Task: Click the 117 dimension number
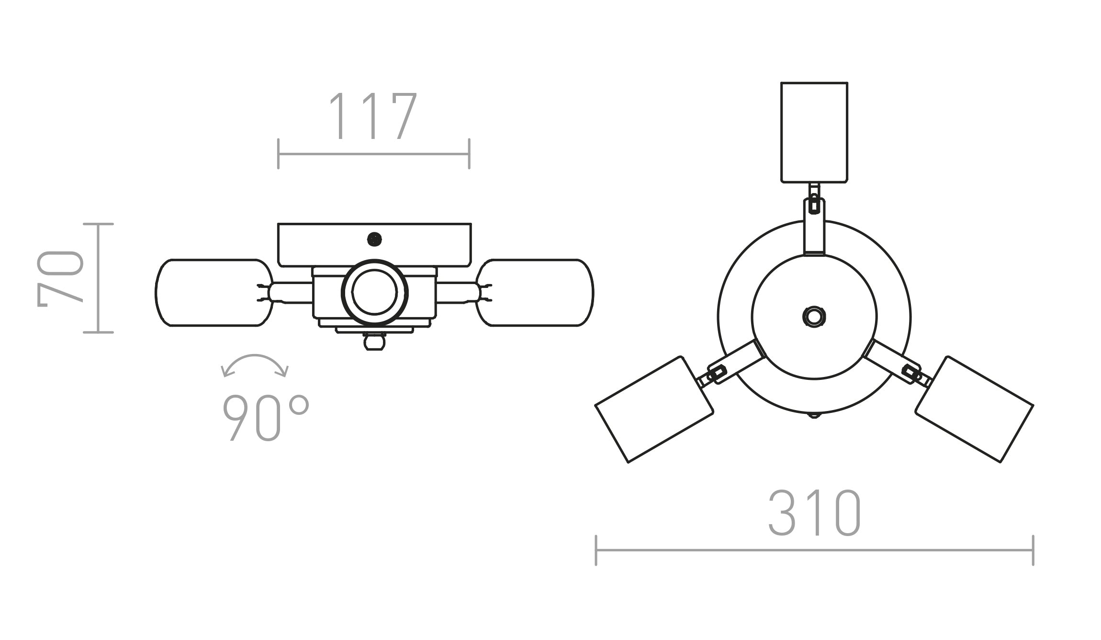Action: pos(373,116)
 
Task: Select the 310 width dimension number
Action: pos(814,513)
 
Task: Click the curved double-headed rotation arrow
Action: pos(255,364)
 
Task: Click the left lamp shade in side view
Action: pos(213,293)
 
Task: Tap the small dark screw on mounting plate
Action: pos(374,239)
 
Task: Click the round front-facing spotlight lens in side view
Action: pos(374,292)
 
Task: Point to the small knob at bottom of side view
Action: pos(374,342)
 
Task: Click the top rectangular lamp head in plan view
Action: pos(814,132)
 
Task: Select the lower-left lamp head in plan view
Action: pos(654,409)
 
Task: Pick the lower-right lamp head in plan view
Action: pos(975,409)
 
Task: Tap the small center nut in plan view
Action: pos(814,317)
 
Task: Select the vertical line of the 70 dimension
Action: pos(98,278)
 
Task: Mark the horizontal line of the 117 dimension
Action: pos(373,154)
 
